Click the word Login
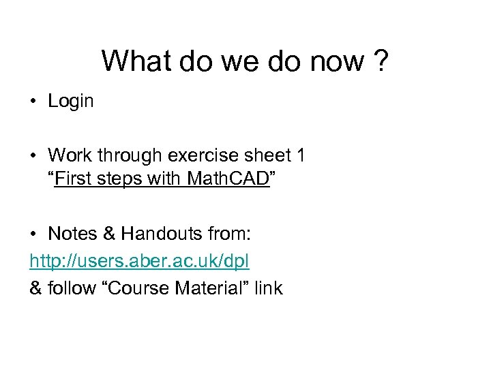pos(71,102)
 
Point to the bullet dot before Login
pos(33,102)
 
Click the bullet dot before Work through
pos(33,157)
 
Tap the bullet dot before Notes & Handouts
pos(33,235)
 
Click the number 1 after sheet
pos(301,156)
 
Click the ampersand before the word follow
pos(35,288)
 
